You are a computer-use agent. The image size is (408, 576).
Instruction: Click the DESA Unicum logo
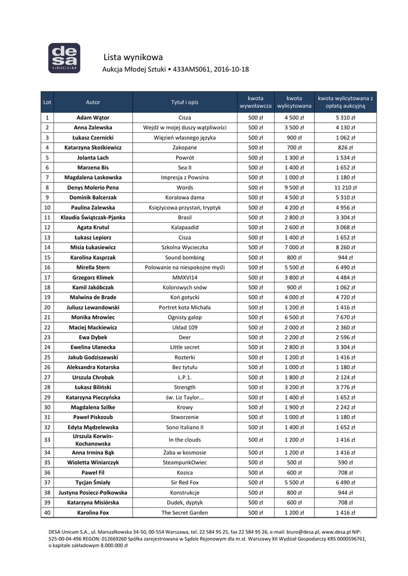pyautogui.click(x=63, y=58)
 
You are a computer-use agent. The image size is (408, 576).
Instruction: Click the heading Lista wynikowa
pyautogui.click(x=133, y=57)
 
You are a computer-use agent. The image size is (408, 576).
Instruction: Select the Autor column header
pyautogui.click(x=93, y=102)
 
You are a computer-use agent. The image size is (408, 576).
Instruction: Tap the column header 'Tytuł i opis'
pyautogui.click(x=185, y=102)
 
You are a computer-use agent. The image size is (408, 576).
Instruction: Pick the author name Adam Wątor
pyautogui.click(x=93, y=118)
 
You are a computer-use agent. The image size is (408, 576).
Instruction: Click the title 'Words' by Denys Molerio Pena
pyautogui.click(x=185, y=187)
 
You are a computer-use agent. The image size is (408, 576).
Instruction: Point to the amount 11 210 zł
pyautogui.click(x=345, y=187)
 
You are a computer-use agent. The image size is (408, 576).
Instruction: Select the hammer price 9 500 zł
pyautogui.click(x=294, y=187)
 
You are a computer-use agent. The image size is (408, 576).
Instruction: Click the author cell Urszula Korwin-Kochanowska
pyautogui.click(x=93, y=440)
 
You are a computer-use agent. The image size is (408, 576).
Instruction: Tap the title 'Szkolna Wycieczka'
pyautogui.click(x=185, y=247)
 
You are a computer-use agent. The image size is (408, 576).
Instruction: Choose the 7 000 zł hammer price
pyautogui.click(x=294, y=247)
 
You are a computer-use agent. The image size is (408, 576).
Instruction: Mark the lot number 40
pyautogui.click(x=47, y=512)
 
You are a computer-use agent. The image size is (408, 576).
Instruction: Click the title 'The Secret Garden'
pyautogui.click(x=185, y=512)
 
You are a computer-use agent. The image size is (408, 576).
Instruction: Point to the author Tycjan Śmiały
pyautogui.click(x=93, y=483)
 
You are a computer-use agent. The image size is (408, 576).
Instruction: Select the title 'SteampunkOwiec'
pyautogui.click(x=185, y=462)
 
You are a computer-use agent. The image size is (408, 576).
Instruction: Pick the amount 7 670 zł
pyautogui.click(x=345, y=317)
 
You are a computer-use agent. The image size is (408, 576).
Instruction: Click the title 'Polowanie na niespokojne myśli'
pyautogui.click(x=185, y=267)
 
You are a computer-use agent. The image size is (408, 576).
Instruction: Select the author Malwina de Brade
pyautogui.click(x=93, y=297)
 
